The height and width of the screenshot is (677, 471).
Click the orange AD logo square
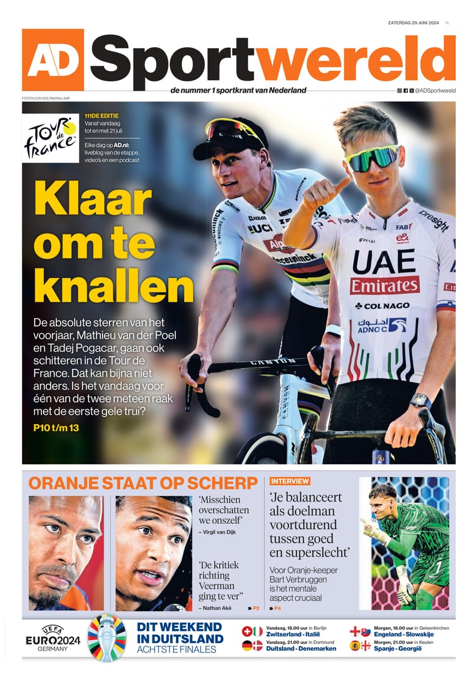click(53, 60)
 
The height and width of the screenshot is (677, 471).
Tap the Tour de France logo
click(51, 138)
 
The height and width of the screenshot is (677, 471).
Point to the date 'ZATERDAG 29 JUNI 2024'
click(414, 22)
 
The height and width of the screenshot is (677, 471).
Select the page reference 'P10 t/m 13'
click(57, 428)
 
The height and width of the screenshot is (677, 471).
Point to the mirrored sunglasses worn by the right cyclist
click(372, 156)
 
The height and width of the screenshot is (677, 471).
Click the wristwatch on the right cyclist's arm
click(420, 401)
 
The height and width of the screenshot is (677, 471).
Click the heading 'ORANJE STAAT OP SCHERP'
click(143, 483)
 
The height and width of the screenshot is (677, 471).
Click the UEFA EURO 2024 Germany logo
click(53, 638)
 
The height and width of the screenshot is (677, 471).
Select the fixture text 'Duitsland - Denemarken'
click(301, 648)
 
